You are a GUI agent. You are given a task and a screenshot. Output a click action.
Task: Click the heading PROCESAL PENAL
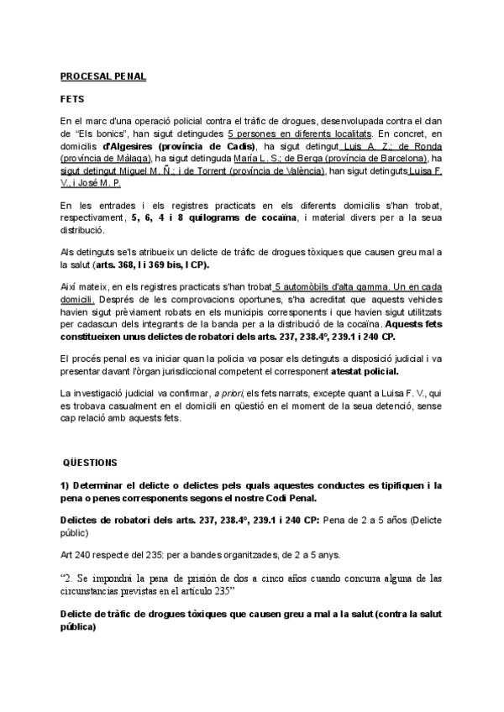(102, 76)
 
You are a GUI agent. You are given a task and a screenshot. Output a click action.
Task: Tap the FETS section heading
(71, 99)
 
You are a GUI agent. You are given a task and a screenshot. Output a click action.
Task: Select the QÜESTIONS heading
(91, 463)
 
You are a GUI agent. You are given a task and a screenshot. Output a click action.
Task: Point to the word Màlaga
(130, 157)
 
